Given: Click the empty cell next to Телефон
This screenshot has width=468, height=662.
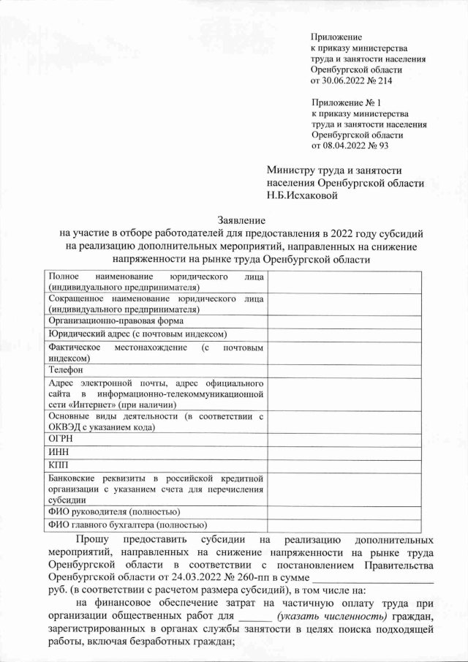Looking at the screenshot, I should pyautogui.click(x=344, y=370).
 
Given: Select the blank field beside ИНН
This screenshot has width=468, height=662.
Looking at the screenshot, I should pyautogui.click(x=344, y=451).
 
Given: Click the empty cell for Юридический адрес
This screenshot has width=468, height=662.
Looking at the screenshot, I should pyautogui.click(x=344, y=334).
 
